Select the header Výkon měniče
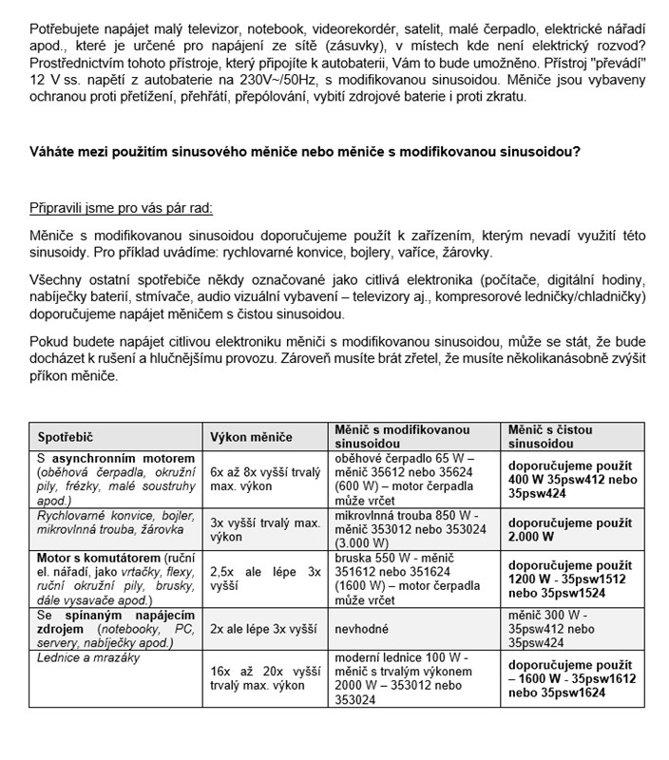coord(252,437)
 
